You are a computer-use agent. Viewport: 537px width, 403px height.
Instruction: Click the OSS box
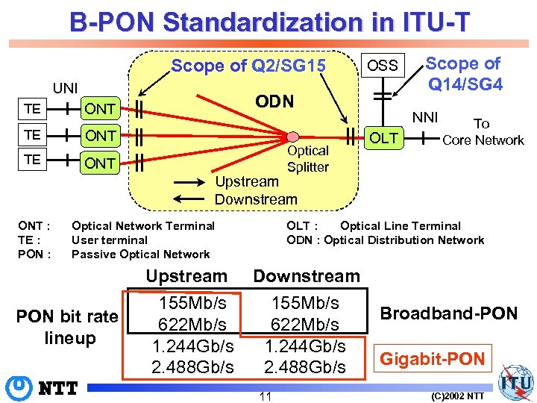(383, 66)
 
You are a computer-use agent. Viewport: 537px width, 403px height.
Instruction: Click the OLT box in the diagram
(384, 138)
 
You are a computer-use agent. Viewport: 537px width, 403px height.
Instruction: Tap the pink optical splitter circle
(293, 137)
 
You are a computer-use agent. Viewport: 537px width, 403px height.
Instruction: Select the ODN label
(274, 101)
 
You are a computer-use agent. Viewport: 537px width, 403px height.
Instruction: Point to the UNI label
(65, 88)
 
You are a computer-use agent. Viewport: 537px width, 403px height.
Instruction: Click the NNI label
(426, 116)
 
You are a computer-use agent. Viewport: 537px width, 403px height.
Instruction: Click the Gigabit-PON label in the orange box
(433, 359)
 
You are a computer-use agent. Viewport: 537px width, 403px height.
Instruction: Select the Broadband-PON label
(449, 313)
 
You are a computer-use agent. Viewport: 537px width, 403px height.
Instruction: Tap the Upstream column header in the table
(186, 276)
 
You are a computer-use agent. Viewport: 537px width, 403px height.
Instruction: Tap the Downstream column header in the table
(307, 276)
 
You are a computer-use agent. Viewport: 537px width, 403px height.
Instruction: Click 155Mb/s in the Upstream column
(192, 303)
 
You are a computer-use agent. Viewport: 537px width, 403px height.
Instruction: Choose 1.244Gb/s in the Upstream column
(192, 346)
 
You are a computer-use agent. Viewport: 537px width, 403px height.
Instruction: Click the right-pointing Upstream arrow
(191, 181)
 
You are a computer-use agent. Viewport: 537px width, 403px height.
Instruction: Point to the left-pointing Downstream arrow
(191, 199)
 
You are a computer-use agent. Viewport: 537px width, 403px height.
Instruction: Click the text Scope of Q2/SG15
(248, 66)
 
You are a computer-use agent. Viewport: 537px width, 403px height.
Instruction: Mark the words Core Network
(483, 140)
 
